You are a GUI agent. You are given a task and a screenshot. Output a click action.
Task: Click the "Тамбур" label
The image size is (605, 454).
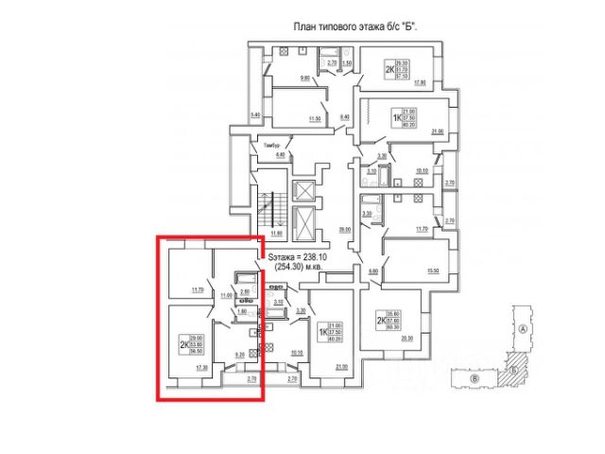tap(248, 146)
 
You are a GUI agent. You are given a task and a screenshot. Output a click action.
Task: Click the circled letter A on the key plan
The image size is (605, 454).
tap(523, 329)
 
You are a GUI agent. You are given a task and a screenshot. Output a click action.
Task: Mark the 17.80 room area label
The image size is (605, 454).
tap(421, 82)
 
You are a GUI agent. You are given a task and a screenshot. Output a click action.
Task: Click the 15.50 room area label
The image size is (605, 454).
tap(433, 271)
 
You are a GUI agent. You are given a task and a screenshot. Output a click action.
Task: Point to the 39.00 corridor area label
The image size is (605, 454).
tap(344, 229)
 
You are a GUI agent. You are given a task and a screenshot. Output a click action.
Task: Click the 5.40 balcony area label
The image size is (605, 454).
tap(253, 115)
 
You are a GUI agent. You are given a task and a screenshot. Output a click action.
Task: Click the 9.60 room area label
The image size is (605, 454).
tap(305, 78)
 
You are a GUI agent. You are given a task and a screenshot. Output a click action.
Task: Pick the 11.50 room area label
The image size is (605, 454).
tap(315, 117)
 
